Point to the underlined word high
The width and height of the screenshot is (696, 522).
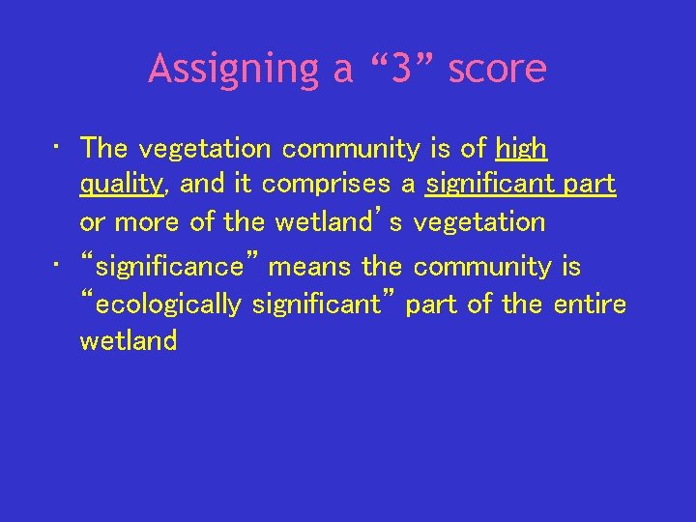pos(521,149)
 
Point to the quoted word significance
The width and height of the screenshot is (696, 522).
pos(170,267)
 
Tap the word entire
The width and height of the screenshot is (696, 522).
pos(590,304)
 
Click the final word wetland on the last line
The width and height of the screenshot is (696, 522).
pos(128,341)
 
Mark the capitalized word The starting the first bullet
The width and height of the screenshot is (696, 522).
pos(104,149)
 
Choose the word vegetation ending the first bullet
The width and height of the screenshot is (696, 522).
pos(479,222)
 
